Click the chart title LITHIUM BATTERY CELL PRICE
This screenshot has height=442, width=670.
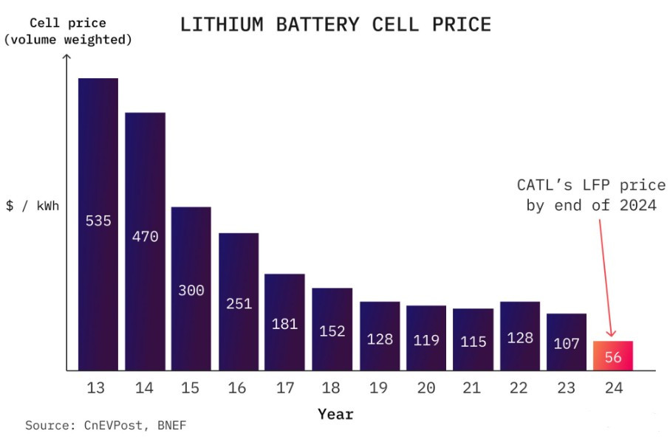tap(335, 24)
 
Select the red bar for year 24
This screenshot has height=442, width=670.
tap(612, 355)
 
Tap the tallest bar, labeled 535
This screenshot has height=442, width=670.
tap(98, 221)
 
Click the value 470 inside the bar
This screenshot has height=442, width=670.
tap(145, 237)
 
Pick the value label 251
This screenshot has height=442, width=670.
tap(239, 303)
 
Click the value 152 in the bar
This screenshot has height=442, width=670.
tap(332, 331)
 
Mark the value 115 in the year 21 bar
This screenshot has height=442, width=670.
tap(473, 342)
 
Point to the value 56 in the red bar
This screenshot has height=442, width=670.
tap(612, 356)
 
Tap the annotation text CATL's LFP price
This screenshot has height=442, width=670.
tap(591, 184)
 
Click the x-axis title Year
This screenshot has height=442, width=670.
tap(335, 414)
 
